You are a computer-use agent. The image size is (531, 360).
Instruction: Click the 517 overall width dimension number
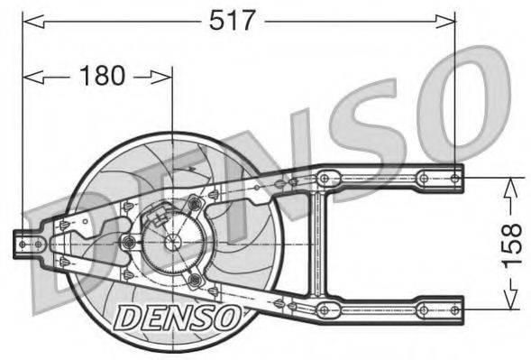tap(233, 20)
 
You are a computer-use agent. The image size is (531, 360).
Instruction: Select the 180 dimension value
tap(102, 76)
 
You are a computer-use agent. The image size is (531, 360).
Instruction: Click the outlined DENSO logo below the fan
tap(177, 316)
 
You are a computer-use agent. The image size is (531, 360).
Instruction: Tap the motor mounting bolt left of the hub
tap(128, 242)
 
